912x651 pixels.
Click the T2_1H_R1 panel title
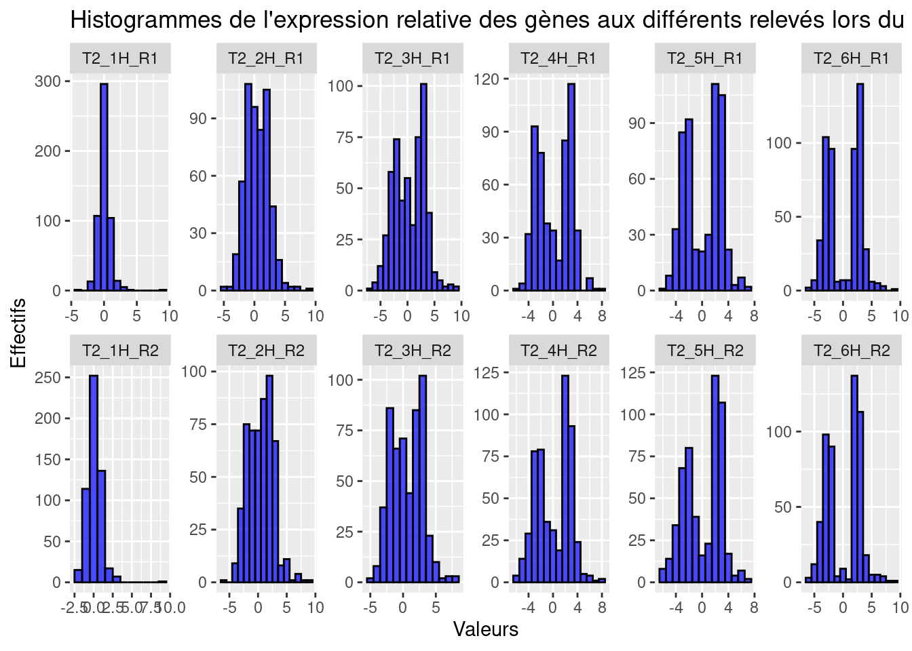click(120, 58)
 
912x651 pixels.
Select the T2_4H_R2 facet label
click(558, 351)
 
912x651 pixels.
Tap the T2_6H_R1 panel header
click(851, 58)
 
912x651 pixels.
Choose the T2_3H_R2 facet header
click(413, 351)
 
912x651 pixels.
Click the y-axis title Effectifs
click(18, 333)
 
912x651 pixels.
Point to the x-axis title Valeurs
click(485, 629)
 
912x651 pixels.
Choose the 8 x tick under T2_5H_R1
click(754, 316)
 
